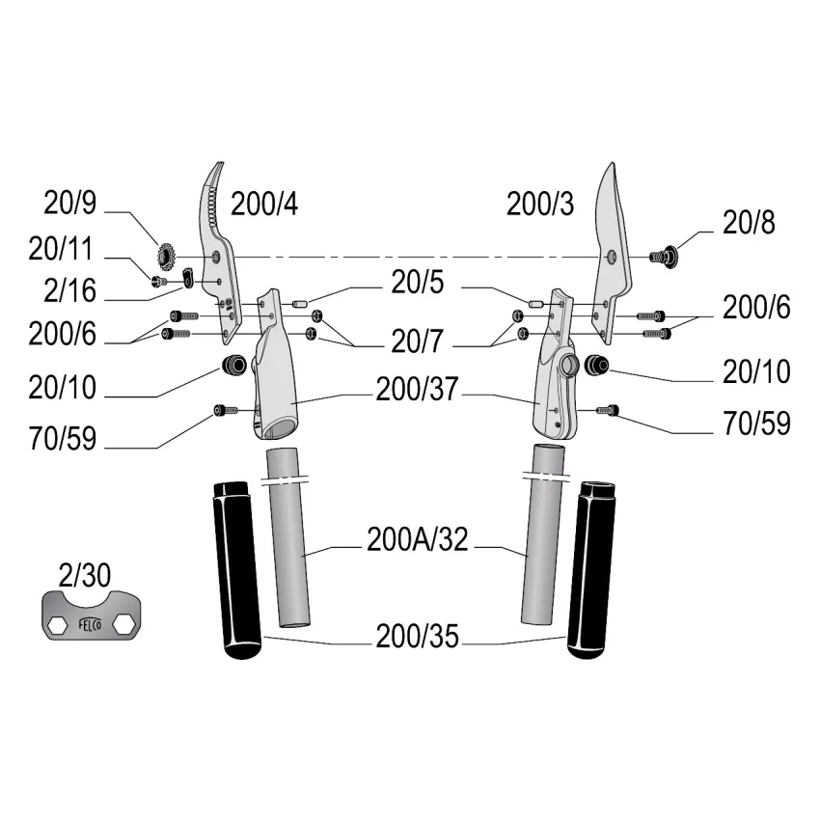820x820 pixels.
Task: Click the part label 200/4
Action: tap(264, 204)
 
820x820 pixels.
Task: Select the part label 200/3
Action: tap(540, 204)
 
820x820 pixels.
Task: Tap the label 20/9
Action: tap(70, 203)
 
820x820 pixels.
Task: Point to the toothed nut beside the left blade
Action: tap(166, 256)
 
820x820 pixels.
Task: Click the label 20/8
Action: tap(749, 223)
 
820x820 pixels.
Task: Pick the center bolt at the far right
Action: tap(664, 257)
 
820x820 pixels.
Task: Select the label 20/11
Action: tap(60, 248)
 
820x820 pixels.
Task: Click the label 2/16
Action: tap(70, 290)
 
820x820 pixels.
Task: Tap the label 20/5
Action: tap(418, 283)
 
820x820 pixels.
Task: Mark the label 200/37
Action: tap(418, 389)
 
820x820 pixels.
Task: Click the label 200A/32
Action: tap(418, 539)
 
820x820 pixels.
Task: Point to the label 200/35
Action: tap(418, 637)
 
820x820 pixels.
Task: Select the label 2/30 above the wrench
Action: tap(84, 576)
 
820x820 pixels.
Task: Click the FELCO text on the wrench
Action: tap(90, 624)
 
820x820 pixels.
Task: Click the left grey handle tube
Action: tap(288, 537)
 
